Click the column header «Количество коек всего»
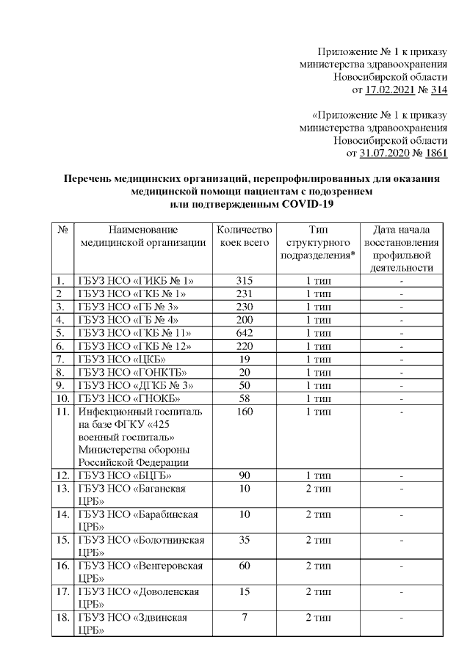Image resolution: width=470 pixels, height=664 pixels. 245,237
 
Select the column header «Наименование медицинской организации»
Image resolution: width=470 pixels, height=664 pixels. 144,237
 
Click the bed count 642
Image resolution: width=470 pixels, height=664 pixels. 245,333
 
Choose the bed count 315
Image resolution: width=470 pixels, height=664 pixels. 245,280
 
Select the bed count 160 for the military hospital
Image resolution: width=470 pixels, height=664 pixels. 245,412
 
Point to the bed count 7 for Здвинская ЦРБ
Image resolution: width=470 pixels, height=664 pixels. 245,618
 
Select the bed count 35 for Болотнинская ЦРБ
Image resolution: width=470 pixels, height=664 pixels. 245,541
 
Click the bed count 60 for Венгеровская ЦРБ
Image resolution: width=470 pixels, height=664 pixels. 245,566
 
